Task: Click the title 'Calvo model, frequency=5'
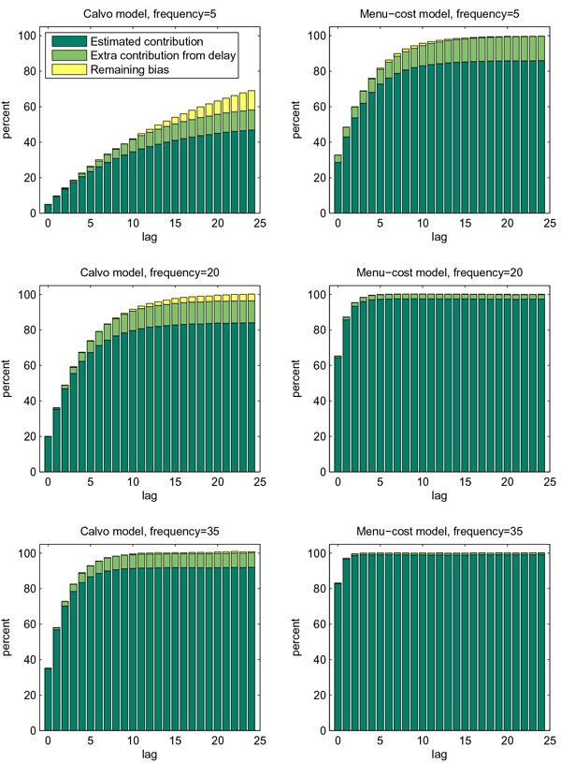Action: (x=150, y=14)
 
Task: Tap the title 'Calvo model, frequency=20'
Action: (x=150, y=272)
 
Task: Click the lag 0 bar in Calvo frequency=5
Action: (x=49, y=208)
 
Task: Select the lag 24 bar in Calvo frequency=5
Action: (x=252, y=159)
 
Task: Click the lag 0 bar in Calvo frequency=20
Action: (x=49, y=454)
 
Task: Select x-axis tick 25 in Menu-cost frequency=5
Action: (x=549, y=224)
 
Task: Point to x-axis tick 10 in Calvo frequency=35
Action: (x=133, y=741)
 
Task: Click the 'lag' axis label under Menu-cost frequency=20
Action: (x=425, y=494)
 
